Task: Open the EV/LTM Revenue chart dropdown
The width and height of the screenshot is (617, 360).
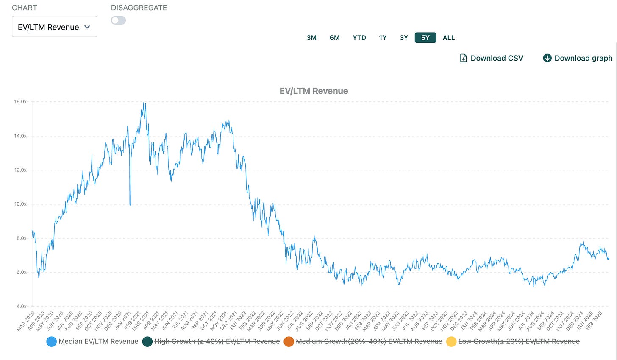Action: (55, 26)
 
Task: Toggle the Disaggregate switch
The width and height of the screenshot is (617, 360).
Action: (119, 20)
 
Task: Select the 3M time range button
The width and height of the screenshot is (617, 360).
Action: (311, 38)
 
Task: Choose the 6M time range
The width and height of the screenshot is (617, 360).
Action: (334, 38)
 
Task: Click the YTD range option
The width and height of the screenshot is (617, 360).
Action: (359, 38)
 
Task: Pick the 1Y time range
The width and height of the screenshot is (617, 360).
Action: (383, 38)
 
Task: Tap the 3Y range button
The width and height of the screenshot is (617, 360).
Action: (404, 38)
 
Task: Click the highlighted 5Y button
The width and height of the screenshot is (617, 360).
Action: (425, 38)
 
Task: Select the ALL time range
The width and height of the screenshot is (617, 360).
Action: (449, 38)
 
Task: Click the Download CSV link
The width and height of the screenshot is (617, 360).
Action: (492, 58)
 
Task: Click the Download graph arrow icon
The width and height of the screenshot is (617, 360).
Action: (547, 58)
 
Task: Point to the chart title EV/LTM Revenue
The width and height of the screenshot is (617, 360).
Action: (314, 91)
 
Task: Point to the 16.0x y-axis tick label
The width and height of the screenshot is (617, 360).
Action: (20, 102)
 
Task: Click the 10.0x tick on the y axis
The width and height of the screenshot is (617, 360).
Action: (20, 204)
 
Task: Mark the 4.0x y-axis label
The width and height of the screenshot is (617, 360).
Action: (22, 306)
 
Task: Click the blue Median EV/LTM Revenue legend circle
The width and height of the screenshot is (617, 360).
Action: (52, 341)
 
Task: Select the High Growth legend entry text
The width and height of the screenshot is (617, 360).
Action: (217, 341)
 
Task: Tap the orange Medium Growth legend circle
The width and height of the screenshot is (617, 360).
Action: (289, 341)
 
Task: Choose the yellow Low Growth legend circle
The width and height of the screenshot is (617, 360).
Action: (451, 341)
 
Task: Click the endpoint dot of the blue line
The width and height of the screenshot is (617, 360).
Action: (608, 259)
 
